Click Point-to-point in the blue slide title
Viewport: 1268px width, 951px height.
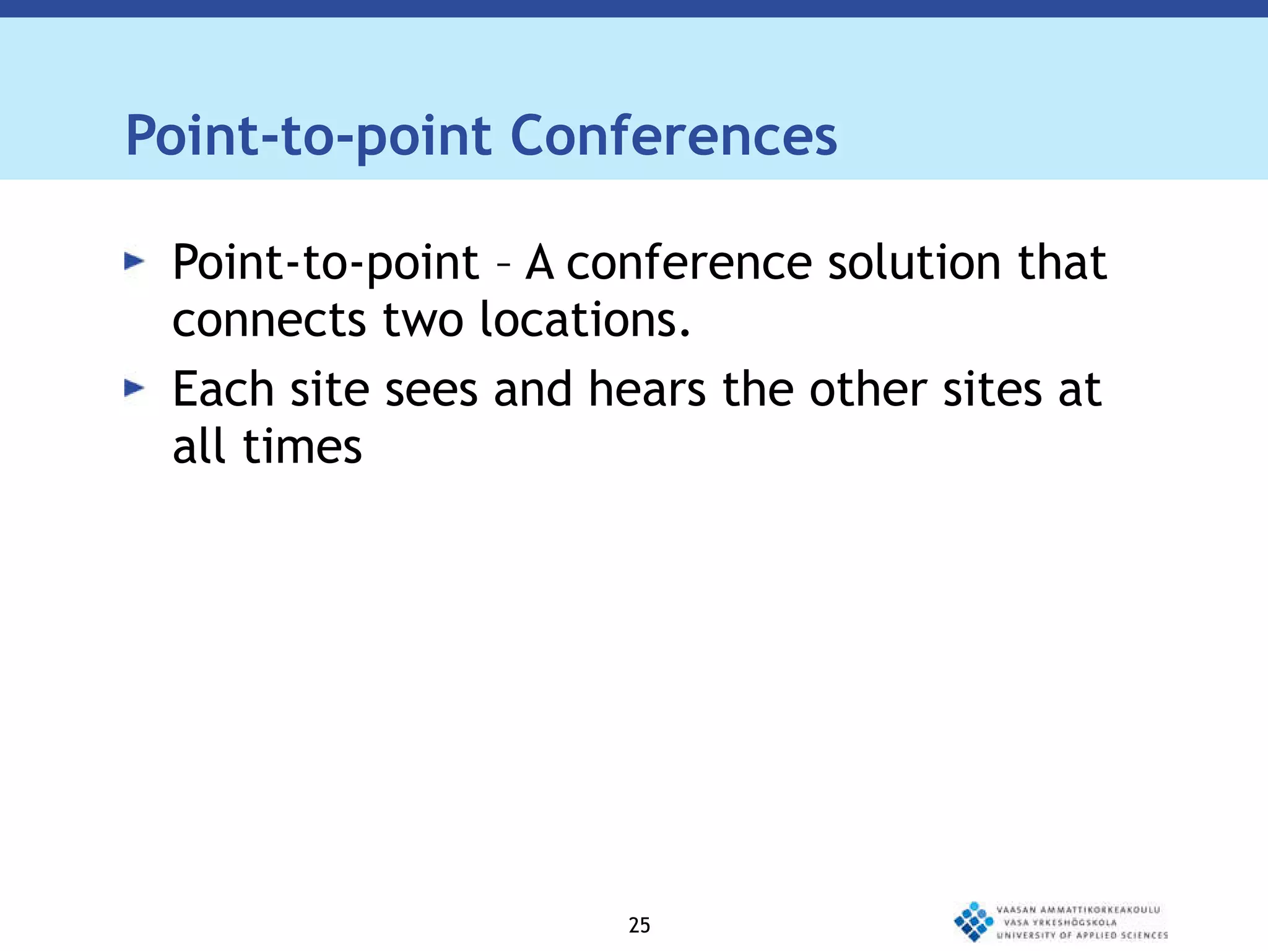pyautogui.click(x=308, y=137)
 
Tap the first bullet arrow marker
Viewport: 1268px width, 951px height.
pyautogui.click(x=134, y=261)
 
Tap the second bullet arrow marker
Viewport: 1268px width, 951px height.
pyautogui.click(x=134, y=388)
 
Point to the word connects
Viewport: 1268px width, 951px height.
pyautogui.click(x=269, y=321)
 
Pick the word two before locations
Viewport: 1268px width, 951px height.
pyautogui.click(x=423, y=321)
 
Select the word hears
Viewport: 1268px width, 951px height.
pyautogui.click(x=647, y=389)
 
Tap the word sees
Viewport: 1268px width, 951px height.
pyautogui.click(x=432, y=391)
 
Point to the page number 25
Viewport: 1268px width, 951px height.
pyautogui.click(x=639, y=925)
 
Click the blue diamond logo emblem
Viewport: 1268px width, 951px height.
pyautogui.click(x=973, y=921)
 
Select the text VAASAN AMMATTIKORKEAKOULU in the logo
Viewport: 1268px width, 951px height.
pyautogui.click(x=1078, y=910)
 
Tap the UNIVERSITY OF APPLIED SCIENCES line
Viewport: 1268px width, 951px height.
pyautogui.click(x=1082, y=935)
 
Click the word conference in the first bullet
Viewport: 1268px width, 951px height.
pyautogui.click(x=689, y=263)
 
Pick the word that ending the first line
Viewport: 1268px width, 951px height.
pyautogui.click(x=1062, y=263)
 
